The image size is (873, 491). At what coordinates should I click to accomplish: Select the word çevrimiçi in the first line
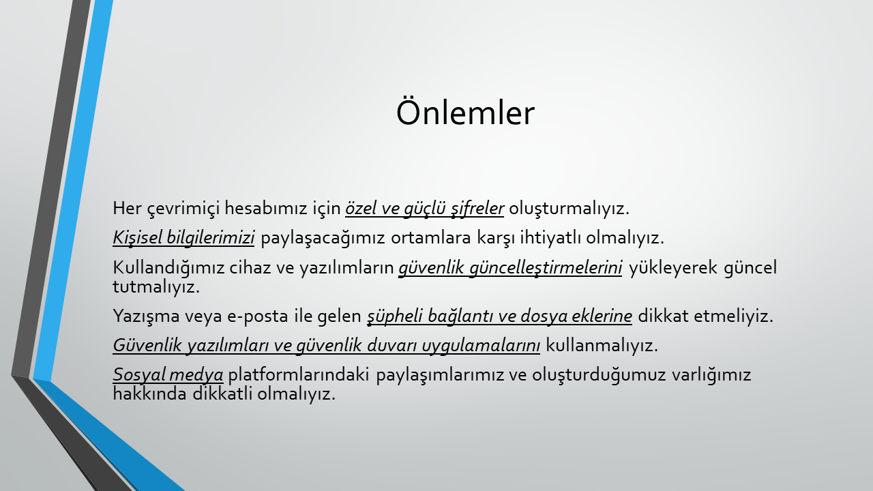[x=183, y=209]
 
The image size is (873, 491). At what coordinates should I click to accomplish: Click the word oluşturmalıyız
[x=569, y=209]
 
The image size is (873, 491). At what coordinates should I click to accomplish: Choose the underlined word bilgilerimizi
[x=211, y=238]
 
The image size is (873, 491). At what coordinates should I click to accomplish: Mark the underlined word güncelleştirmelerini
[x=546, y=268]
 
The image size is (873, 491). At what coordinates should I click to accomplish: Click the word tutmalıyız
[x=156, y=287]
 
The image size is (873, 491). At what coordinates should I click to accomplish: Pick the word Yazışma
[x=146, y=316]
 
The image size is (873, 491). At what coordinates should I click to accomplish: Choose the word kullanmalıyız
[x=602, y=345]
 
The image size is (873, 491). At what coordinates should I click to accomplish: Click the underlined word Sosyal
[x=138, y=375]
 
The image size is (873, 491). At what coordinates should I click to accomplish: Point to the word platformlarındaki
[x=299, y=375]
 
